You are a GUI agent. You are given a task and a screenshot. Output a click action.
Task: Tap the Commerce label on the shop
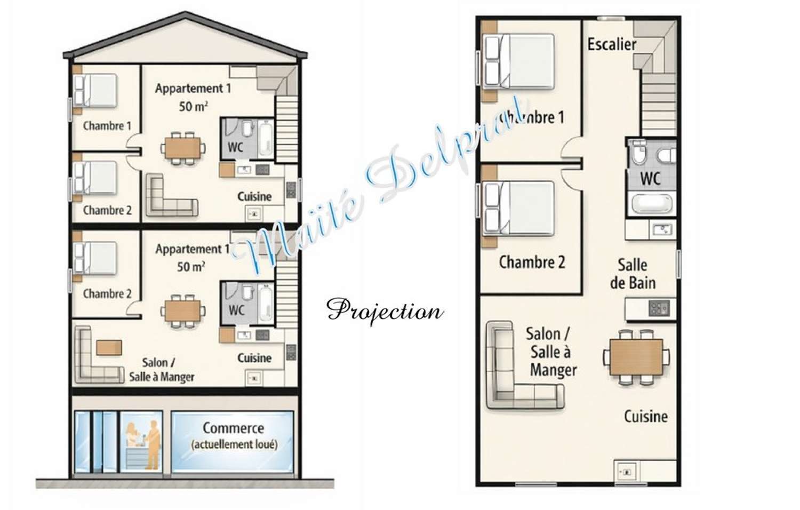click(233, 428)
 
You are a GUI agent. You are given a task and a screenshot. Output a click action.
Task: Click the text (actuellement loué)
click(234, 445)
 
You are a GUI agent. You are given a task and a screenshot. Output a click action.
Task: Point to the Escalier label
click(612, 44)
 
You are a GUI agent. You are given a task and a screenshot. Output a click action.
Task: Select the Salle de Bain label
click(633, 274)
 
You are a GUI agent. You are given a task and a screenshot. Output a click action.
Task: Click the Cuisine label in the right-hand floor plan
click(646, 416)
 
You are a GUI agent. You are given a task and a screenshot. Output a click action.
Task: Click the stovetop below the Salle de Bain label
click(659, 308)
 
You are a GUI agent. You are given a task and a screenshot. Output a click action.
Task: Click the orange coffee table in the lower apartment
click(109, 347)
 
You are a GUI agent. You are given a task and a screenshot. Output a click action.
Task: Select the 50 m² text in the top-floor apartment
click(193, 106)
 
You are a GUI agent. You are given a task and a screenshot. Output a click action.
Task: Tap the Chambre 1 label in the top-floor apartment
click(107, 126)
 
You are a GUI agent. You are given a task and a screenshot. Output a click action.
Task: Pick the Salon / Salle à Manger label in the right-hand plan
click(550, 352)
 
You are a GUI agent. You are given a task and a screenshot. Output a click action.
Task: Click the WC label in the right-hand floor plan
click(650, 178)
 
